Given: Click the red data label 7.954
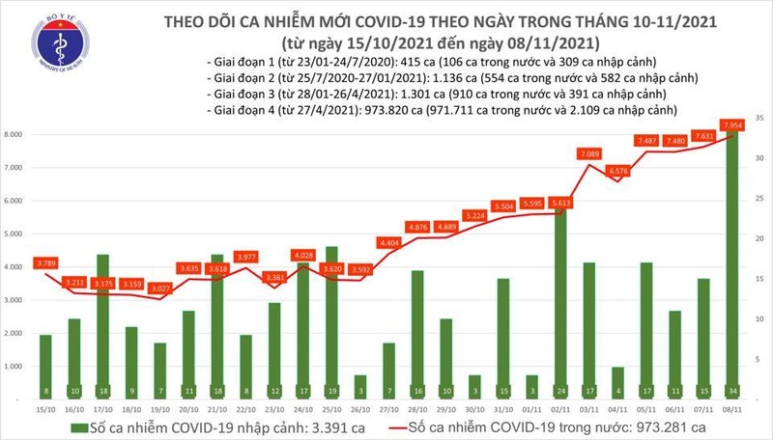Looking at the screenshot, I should point(730,124).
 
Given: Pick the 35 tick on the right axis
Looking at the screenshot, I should point(759,118).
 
